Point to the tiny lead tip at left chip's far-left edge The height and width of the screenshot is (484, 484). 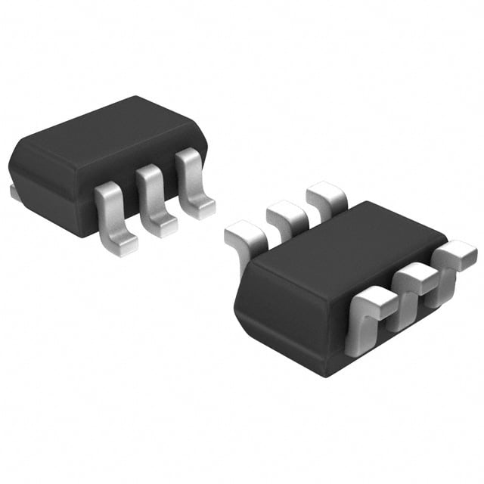[x=14, y=194]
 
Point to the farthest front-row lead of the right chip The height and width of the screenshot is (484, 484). [x=457, y=253]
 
